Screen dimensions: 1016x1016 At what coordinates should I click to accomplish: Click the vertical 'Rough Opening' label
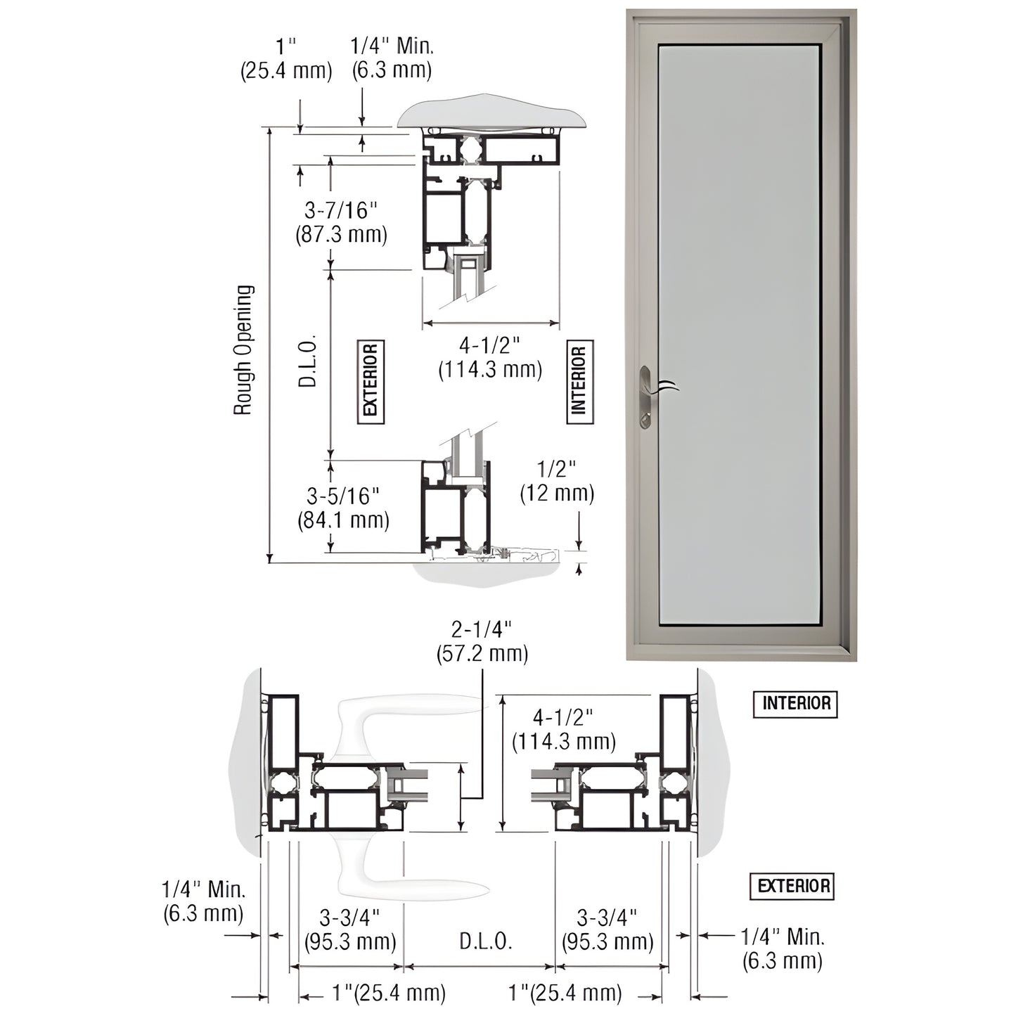point(243,349)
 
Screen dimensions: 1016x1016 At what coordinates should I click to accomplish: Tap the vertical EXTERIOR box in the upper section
point(371,381)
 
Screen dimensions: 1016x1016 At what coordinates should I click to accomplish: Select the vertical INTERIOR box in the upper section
point(579,381)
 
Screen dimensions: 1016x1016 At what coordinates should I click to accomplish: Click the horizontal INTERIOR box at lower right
point(795,703)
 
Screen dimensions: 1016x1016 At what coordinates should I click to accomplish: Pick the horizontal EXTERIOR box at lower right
point(792,886)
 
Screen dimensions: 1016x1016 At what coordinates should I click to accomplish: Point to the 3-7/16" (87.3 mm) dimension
point(341,221)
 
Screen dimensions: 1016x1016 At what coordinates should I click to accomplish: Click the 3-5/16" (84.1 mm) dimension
point(343,508)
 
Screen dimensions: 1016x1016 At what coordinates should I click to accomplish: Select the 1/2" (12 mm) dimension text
point(557,481)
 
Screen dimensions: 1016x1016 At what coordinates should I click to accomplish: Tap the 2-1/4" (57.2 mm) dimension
point(482,641)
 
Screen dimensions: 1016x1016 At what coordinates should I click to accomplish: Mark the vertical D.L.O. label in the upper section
point(308,361)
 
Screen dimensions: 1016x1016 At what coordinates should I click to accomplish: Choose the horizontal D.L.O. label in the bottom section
point(485,941)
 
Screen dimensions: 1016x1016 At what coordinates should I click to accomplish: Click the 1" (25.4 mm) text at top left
point(286,58)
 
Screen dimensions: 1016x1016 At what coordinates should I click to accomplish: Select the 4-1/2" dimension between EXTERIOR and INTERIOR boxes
point(490,357)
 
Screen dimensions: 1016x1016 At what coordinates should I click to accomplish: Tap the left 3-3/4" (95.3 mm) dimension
point(350,929)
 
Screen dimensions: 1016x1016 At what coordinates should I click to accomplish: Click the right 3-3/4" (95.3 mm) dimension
point(607,929)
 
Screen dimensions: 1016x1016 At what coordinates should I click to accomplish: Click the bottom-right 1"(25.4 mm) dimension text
point(565,993)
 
